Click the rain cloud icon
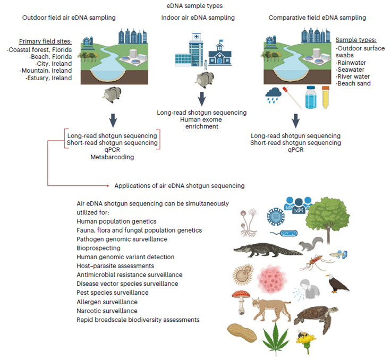click(275, 95)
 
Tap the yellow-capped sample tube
click(325, 96)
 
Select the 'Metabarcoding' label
click(112, 157)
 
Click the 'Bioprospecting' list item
click(98, 248)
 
